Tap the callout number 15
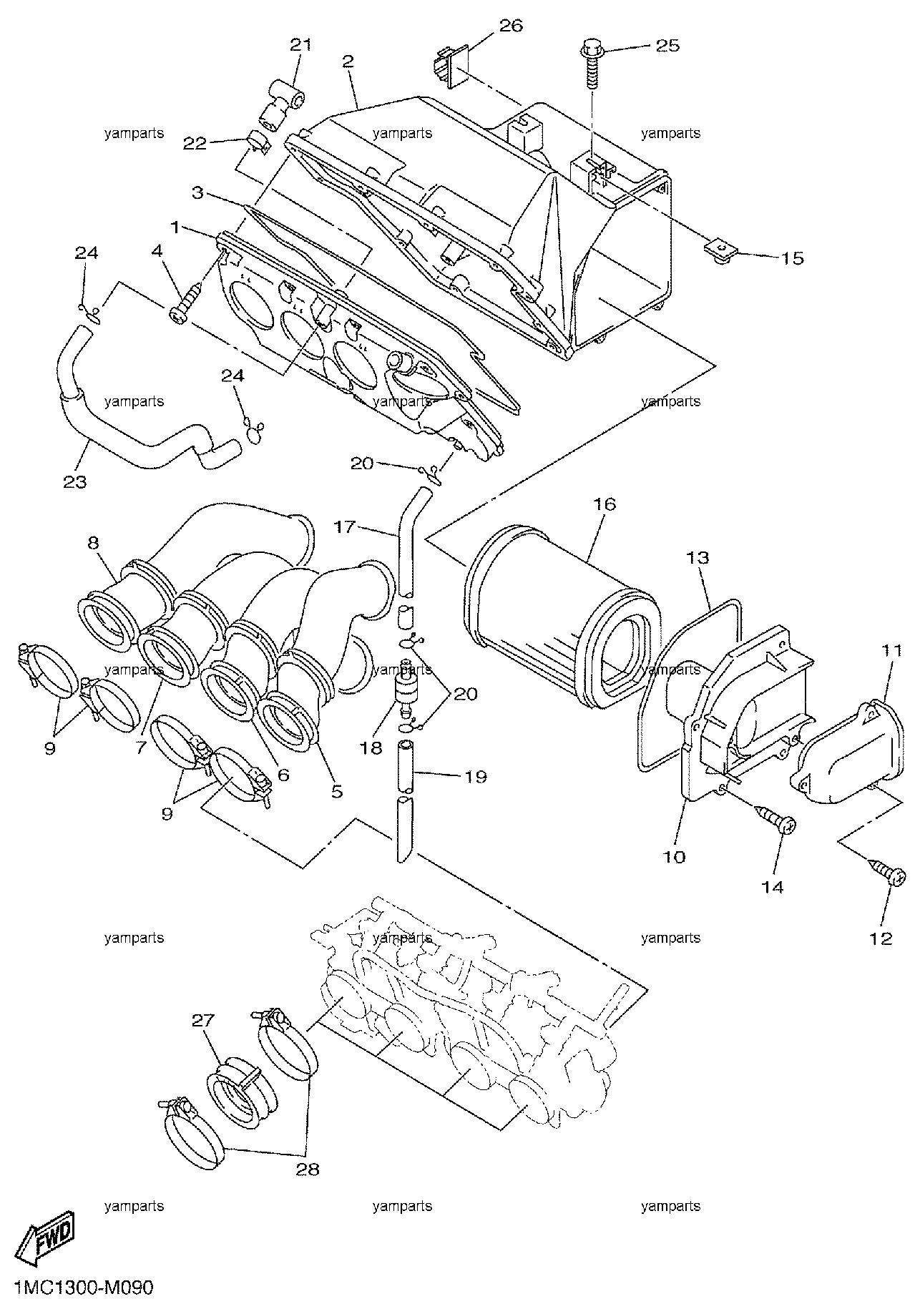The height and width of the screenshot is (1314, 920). coord(793,258)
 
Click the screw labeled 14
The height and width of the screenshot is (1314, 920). coord(775,819)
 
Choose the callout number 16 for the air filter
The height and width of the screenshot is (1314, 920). coord(604,504)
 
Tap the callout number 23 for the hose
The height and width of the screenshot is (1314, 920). coord(74,482)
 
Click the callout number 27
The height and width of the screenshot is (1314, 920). coord(203,1021)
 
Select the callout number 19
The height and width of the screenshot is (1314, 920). coord(476,776)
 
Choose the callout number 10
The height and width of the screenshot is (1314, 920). coord(675,856)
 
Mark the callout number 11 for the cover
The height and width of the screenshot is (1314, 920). coord(891,650)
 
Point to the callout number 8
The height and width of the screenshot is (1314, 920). coord(93,542)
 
